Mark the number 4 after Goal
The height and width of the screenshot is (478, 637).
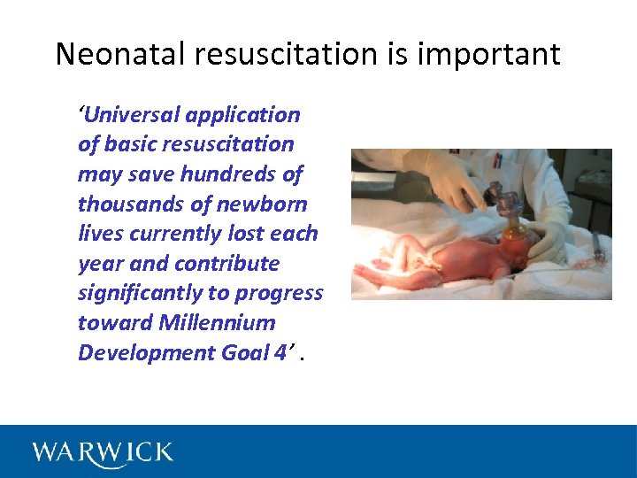coord(280,352)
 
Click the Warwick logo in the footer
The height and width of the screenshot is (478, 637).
coord(103,452)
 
